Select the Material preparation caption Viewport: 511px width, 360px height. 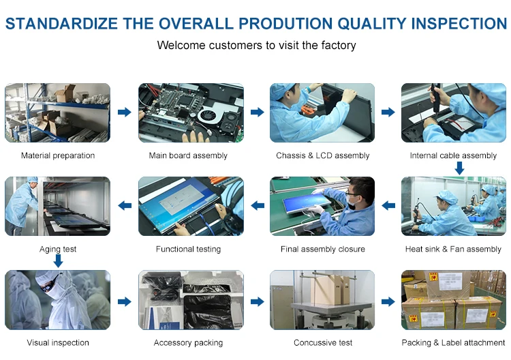coord(58,155)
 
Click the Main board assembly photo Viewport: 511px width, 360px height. coord(191,112)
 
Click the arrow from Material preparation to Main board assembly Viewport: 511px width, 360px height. coord(125,112)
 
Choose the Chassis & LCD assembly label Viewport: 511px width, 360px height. coord(323,155)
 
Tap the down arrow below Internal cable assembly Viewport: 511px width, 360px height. coord(459,168)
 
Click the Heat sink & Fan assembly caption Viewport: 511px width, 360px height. coord(453,249)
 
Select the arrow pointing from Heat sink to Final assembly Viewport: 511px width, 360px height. coord(388,205)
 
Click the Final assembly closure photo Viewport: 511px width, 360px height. coord(322,206)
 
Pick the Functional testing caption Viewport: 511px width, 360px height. coord(188,249)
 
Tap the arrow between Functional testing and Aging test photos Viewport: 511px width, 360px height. coord(125,205)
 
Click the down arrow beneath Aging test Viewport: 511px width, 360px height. coord(58,261)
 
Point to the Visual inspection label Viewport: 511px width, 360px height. coord(58,343)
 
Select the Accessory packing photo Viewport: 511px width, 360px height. coord(191,300)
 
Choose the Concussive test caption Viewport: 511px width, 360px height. coord(323,343)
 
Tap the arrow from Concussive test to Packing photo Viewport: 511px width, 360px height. coord(388,301)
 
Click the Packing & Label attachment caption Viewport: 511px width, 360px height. coord(453,343)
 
